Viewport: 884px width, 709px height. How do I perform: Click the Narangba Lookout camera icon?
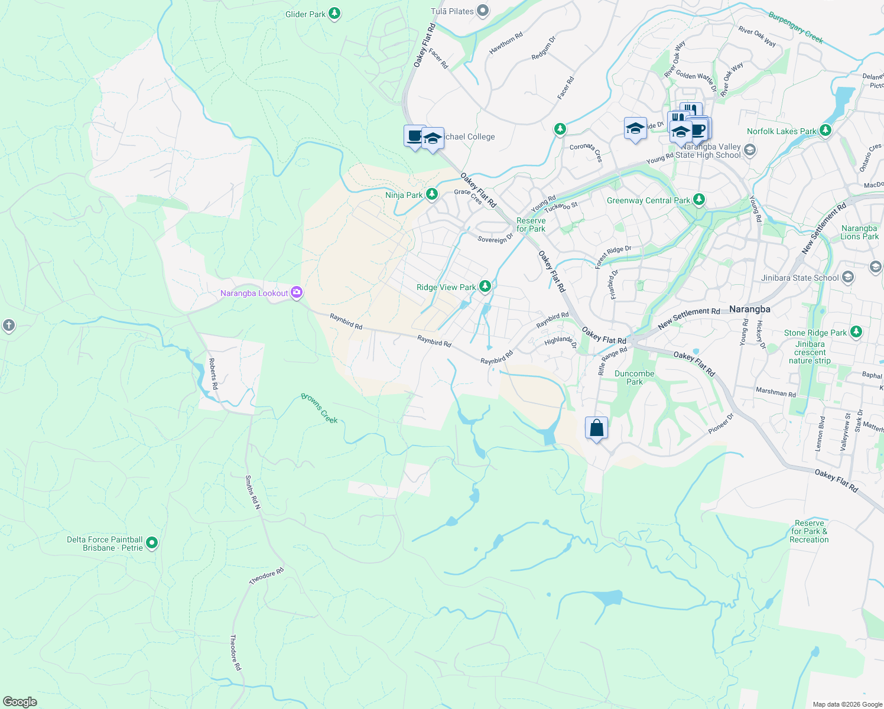click(297, 292)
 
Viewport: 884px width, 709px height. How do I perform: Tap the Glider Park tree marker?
click(334, 14)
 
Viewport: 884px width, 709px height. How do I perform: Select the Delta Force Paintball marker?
click(152, 542)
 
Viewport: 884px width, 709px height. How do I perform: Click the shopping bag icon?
click(596, 428)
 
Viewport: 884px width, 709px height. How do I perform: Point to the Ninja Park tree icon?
click(432, 194)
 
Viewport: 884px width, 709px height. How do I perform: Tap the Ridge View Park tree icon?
click(485, 287)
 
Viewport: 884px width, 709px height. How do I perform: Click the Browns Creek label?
click(320, 408)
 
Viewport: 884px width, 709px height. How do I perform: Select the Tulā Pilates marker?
click(483, 11)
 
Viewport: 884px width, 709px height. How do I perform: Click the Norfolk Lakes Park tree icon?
click(825, 131)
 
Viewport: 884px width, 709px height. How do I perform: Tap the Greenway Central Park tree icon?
click(699, 200)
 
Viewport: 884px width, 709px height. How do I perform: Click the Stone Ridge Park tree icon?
click(856, 332)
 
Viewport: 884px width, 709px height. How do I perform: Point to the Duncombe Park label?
click(634, 378)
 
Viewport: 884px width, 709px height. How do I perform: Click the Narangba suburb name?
click(749, 309)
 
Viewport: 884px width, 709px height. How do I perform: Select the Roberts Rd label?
click(213, 373)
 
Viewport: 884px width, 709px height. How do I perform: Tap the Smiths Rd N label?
click(253, 493)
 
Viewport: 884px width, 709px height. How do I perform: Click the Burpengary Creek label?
click(795, 27)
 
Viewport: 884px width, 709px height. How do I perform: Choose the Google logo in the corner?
click(19, 701)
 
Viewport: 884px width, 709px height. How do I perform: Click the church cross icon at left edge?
click(8, 325)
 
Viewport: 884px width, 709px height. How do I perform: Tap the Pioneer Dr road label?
click(721, 424)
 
